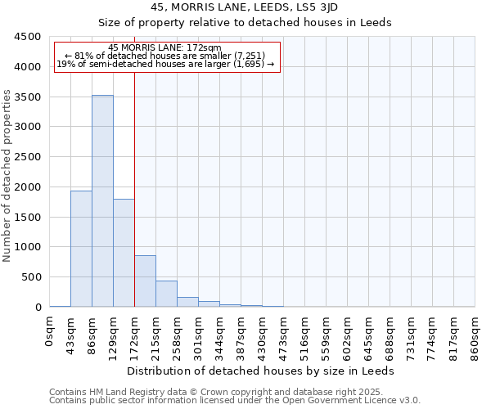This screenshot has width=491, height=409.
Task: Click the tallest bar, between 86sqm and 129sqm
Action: tap(102, 200)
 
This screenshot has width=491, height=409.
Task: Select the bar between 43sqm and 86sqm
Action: tap(81, 249)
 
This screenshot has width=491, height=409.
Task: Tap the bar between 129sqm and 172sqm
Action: tap(124, 253)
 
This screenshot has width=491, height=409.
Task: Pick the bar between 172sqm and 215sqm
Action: tap(145, 281)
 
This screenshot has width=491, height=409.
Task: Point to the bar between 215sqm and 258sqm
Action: tap(166, 294)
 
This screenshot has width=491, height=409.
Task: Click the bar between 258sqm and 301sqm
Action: tap(187, 302)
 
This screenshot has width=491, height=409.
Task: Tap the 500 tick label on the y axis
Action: tap(31, 277)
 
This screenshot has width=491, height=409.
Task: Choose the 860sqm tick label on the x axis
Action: tap(475, 335)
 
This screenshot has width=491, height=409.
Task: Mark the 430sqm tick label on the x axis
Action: tap(263, 335)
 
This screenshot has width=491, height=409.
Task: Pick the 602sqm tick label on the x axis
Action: tap(348, 335)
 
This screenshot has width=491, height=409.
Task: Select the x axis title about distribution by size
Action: tap(261, 371)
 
